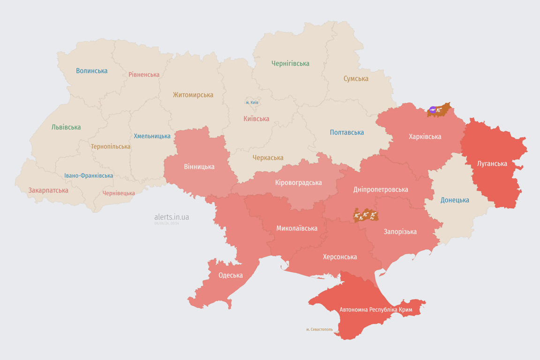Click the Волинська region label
point(92,71)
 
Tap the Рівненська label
point(144,75)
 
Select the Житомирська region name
point(193,95)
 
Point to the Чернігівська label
point(290,63)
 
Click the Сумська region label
point(356,78)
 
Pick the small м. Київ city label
point(252,102)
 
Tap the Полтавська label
point(347,132)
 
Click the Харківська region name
point(425,136)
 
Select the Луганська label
point(492,164)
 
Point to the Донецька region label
point(455,200)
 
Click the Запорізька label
point(400,232)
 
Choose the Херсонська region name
point(340,256)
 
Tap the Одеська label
point(231,275)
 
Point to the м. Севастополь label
point(319,329)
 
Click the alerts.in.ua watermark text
point(172,217)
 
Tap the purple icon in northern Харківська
point(432,110)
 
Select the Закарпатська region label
point(48,190)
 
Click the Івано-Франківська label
point(89,176)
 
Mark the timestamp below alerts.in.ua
point(167,224)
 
